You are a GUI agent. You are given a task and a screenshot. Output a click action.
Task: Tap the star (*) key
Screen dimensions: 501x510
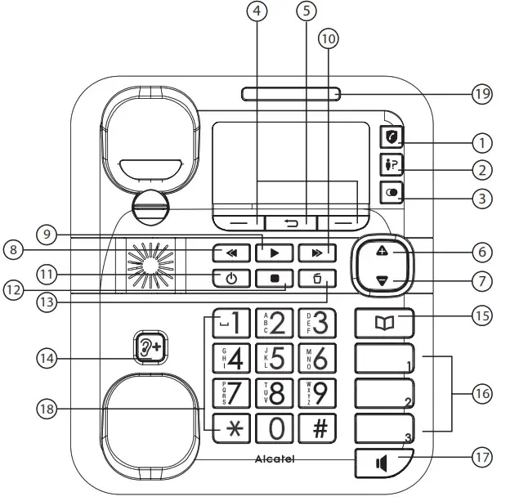tap(233, 427)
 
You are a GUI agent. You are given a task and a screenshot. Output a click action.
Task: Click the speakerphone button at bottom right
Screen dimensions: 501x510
tap(382, 463)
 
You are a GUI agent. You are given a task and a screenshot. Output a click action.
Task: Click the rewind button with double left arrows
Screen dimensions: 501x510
tap(231, 252)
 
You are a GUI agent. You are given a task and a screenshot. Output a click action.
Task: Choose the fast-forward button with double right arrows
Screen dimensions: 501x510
tap(316, 252)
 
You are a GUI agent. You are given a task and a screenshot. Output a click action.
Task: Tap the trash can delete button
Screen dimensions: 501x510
tap(316, 278)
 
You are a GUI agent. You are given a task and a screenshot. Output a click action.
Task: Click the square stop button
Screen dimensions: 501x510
tap(274, 278)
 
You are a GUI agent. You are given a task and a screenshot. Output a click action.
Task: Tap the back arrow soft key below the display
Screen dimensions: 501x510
tap(291, 221)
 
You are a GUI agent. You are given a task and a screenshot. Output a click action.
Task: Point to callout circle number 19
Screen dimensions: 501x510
tap(482, 94)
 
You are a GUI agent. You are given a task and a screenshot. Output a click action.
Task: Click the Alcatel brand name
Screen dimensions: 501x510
tap(275, 459)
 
